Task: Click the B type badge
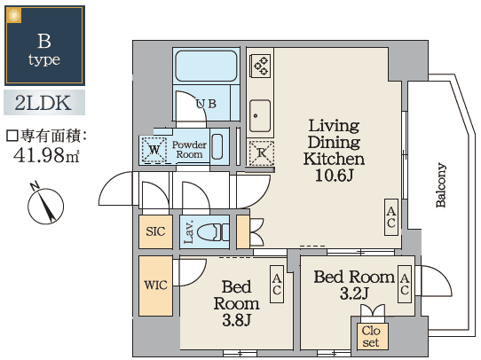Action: pos(44,46)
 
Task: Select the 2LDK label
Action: pos(44,103)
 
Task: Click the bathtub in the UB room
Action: pos(204,67)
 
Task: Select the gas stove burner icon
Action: pos(260,64)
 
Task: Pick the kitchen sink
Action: pos(260,113)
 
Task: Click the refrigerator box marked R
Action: pos(260,152)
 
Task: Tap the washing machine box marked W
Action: pos(155,150)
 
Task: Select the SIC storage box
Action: pos(155,232)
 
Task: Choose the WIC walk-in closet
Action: pos(154,286)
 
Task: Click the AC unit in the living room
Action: pos(390,216)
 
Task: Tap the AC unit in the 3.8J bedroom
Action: pos(277,284)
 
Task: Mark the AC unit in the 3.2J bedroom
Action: pos(404,284)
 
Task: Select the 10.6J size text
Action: pos(334,176)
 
